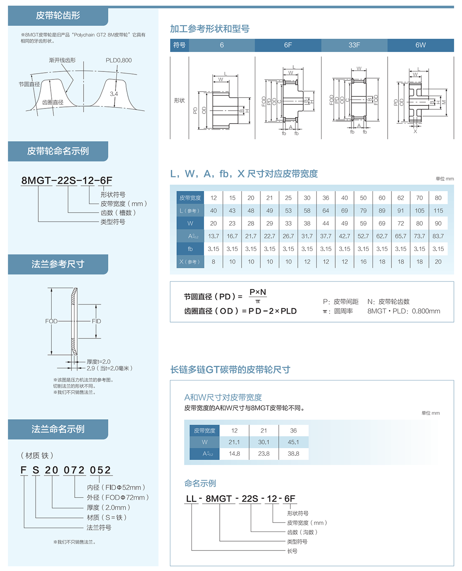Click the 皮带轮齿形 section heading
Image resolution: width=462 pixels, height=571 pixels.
(x=58, y=16)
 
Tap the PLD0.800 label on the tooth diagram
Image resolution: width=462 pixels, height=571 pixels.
(x=118, y=60)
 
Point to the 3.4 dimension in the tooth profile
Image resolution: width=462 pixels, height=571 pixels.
(x=114, y=94)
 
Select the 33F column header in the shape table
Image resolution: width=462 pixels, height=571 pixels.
(x=354, y=45)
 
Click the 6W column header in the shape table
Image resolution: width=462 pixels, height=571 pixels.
(x=420, y=45)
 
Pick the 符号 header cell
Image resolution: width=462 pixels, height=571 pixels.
(x=179, y=45)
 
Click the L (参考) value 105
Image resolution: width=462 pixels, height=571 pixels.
(x=419, y=211)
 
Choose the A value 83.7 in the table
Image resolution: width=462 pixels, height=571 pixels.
(x=438, y=236)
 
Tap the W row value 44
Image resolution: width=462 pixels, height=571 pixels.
(x=325, y=223)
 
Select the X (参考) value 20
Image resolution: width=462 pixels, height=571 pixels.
(x=438, y=262)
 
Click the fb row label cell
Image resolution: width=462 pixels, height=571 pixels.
(x=190, y=249)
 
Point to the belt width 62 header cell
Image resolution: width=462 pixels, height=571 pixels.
(x=401, y=198)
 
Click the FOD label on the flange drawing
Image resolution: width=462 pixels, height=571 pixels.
(x=51, y=321)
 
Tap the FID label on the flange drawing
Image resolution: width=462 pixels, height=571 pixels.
(x=97, y=321)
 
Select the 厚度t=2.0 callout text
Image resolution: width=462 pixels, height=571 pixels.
(x=99, y=362)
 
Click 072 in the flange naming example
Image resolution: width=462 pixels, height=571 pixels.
(x=74, y=470)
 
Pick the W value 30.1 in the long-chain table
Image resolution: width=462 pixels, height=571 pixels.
(x=264, y=442)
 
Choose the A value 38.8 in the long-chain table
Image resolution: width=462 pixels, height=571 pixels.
(x=293, y=454)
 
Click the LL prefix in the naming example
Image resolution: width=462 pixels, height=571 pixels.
(x=191, y=499)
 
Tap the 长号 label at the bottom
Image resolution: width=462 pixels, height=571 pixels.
(x=292, y=551)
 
